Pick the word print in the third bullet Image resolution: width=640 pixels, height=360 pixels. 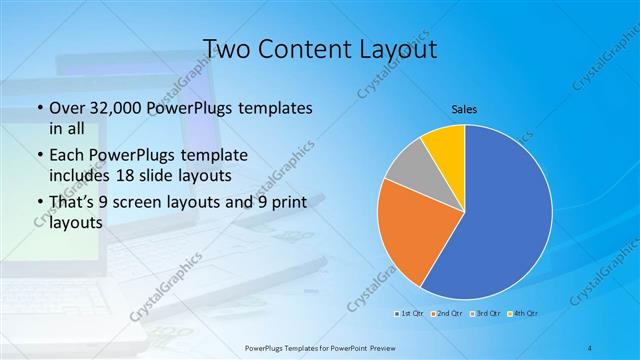(283, 204)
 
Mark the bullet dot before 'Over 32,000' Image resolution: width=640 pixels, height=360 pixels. (38, 108)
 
